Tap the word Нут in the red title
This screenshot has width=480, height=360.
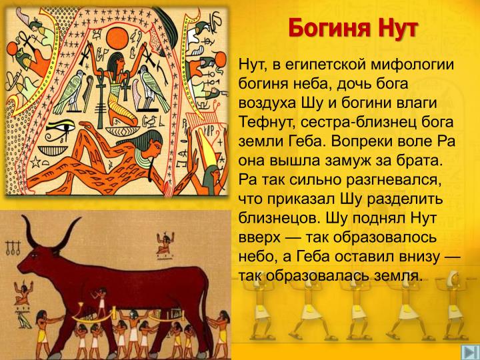tap(397, 28)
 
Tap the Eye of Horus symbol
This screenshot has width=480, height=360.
tap(60, 127)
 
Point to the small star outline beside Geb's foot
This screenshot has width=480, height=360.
tap(35, 161)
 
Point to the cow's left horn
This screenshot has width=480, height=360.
tap(28, 230)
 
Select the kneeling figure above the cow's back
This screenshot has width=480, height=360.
tap(165, 243)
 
